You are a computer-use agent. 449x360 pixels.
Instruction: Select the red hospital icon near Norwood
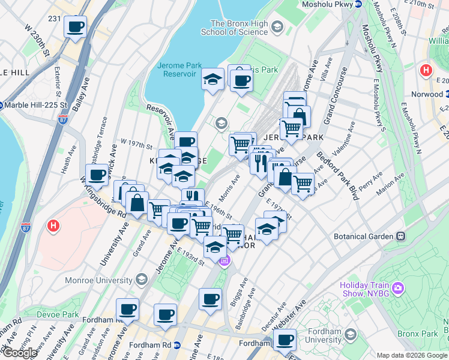(426, 70)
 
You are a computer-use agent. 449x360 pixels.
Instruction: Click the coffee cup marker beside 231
(76, 26)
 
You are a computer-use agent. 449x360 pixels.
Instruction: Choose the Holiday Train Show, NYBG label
(369, 289)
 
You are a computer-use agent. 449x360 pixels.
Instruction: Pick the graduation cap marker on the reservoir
(212, 79)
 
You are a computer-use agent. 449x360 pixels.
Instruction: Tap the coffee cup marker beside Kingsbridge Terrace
(97, 175)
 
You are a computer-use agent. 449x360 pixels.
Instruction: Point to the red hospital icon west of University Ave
(53, 226)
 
